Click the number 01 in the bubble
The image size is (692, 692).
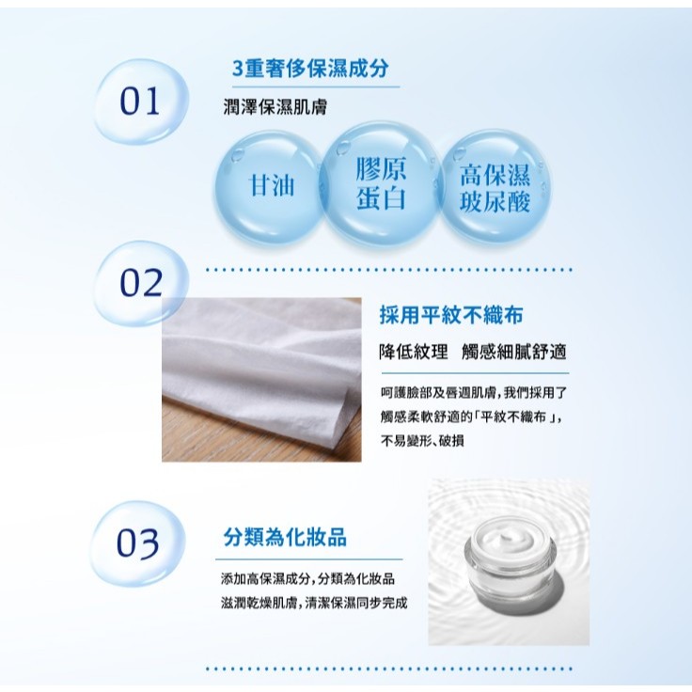[139, 101]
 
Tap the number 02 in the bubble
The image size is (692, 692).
[141, 282]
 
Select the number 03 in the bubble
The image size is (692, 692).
[137, 543]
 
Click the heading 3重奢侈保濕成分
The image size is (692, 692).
[310, 69]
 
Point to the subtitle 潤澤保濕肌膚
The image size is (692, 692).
[275, 107]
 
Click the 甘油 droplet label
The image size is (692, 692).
[272, 184]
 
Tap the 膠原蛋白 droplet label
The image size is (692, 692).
[381, 183]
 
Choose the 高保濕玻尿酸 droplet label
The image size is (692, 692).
[495, 188]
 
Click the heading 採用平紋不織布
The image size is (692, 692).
[451, 315]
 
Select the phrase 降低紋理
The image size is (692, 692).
[414, 353]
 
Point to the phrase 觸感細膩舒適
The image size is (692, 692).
[513, 353]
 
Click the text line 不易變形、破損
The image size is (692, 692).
[422, 440]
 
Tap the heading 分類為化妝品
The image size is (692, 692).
[285, 537]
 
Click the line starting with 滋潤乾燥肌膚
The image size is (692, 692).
[314, 603]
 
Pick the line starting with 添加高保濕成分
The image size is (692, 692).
[308, 578]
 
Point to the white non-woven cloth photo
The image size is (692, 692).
[261, 380]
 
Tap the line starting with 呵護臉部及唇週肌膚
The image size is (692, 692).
[474, 392]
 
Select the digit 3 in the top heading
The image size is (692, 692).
[238, 69]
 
